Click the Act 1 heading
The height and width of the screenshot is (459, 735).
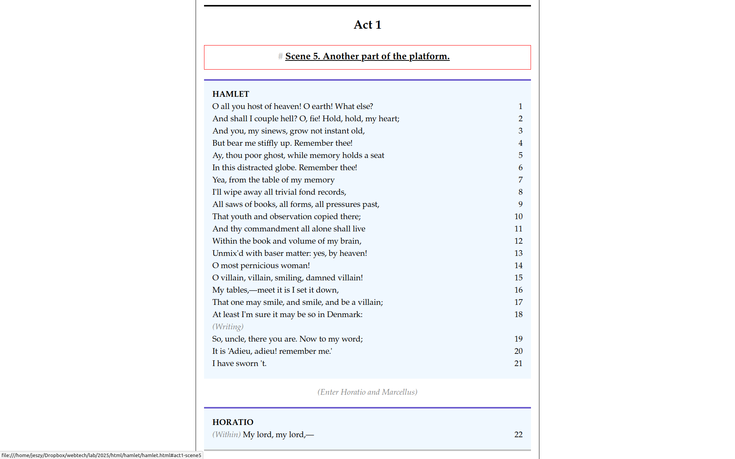point(367,25)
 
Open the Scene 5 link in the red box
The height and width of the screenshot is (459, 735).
point(367,56)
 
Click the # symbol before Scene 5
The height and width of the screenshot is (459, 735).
point(280,57)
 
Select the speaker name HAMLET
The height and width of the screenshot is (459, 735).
point(230,94)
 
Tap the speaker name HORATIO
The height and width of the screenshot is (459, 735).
point(233,422)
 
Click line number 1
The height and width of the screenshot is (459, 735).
point(520,106)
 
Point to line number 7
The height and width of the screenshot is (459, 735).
point(520,180)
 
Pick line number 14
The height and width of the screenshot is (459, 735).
point(518,265)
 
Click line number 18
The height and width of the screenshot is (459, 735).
point(518,314)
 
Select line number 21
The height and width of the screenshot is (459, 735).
point(518,363)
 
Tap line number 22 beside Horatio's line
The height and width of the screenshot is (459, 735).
point(518,435)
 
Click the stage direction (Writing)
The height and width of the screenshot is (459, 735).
point(228,327)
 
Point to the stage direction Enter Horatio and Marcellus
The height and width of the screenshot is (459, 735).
point(367,392)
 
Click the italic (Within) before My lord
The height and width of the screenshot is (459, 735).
point(227,435)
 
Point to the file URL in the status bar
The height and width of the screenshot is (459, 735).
point(101,455)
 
